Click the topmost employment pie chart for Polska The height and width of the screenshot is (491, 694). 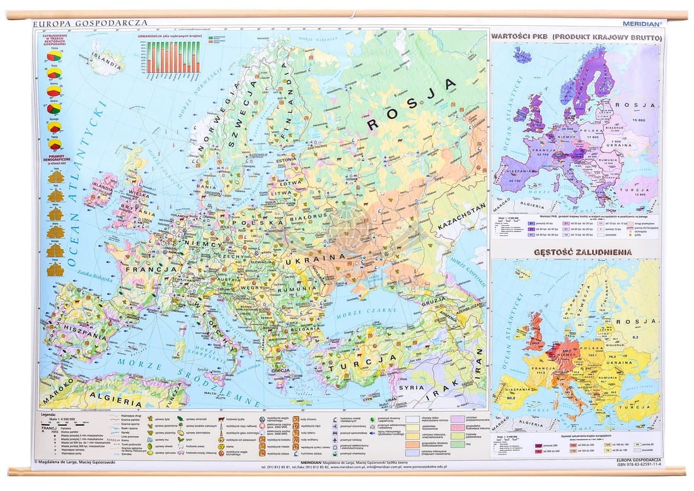54,57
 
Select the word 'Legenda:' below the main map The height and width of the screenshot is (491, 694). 49,414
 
